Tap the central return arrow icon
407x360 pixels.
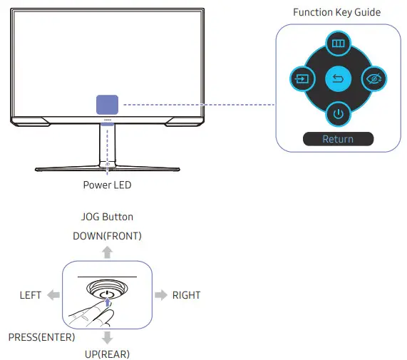[x=337, y=77]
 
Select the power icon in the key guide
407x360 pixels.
[x=337, y=113]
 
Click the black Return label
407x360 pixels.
[x=337, y=139]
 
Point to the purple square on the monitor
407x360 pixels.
[x=108, y=106]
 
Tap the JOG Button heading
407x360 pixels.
[x=107, y=217]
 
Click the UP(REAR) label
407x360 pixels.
[x=107, y=353]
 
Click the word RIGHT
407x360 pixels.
[x=186, y=295]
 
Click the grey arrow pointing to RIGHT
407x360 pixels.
[x=161, y=295]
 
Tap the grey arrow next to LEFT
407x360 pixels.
[x=53, y=295]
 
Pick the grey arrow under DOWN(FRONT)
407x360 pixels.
[x=107, y=251]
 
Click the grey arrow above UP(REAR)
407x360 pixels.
[x=107, y=336]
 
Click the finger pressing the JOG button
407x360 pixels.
[x=89, y=314]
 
